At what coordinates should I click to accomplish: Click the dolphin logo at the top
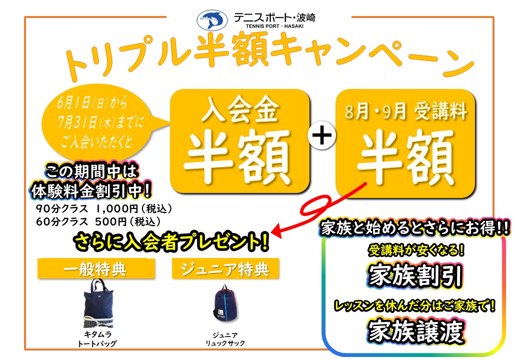pyautogui.click(x=212, y=20)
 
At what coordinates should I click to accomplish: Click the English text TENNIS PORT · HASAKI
pyautogui.click(x=274, y=26)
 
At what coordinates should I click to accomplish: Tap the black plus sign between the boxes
pyautogui.click(x=321, y=135)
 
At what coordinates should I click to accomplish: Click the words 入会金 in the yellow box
pyautogui.click(x=240, y=109)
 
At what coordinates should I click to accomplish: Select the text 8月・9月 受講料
pyautogui.click(x=405, y=110)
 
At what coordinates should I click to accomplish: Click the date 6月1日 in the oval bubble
pyautogui.click(x=73, y=102)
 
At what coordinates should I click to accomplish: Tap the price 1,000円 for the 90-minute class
pyautogui.click(x=116, y=208)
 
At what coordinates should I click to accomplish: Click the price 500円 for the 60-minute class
pyautogui.click(x=111, y=221)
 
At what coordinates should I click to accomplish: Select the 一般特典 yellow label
pyautogui.click(x=96, y=269)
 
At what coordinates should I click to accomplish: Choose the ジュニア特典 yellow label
pyautogui.click(x=225, y=269)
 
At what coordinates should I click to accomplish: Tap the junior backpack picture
pyautogui.click(x=224, y=303)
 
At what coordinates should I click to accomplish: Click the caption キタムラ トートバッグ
pyautogui.click(x=97, y=339)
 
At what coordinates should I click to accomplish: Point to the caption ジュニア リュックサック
pyautogui.click(x=225, y=339)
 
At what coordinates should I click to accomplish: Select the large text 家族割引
pyautogui.click(x=415, y=276)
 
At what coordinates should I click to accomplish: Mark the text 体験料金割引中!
pyautogui.click(x=91, y=190)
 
